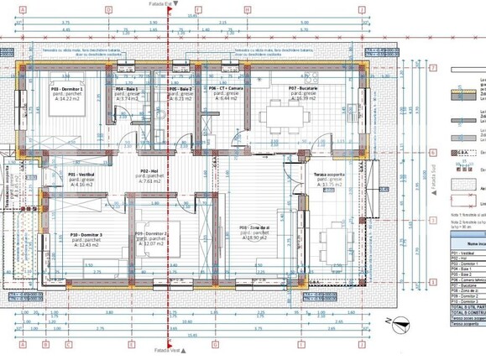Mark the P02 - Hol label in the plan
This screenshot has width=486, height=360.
coord(149,170)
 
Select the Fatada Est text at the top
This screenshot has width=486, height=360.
coord(169,3)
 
